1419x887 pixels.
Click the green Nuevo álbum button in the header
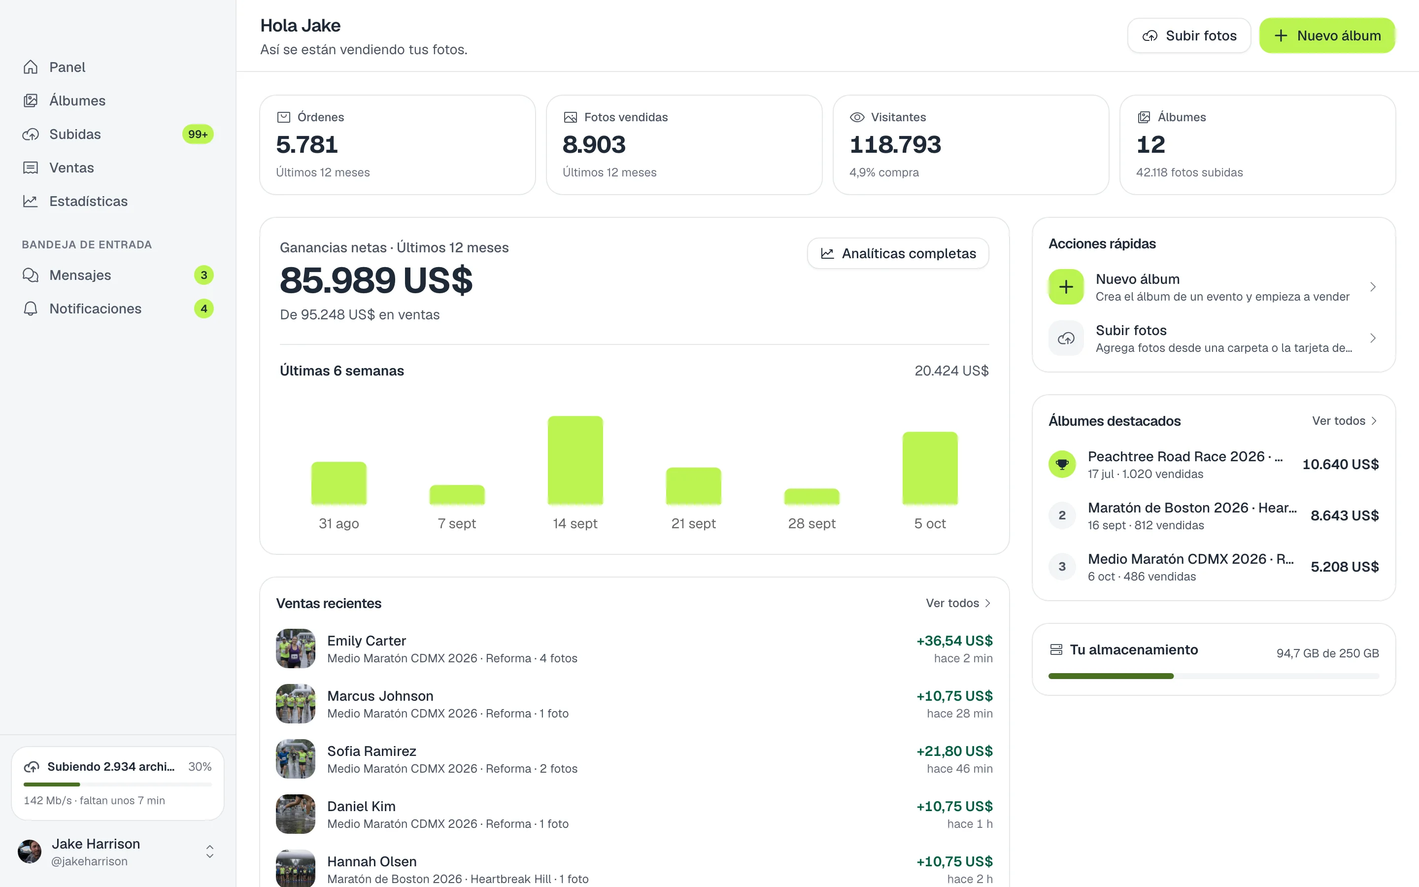click(1327, 36)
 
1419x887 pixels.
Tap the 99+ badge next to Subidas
click(198, 135)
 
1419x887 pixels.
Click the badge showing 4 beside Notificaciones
click(203, 308)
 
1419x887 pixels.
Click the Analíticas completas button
click(898, 253)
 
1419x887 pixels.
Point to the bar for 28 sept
click(811, 497)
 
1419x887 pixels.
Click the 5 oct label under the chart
click(930, 523)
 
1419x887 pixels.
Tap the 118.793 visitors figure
click(895, 144)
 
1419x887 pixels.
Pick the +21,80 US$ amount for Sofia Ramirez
click(954, 751)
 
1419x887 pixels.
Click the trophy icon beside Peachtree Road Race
click(1062, 464)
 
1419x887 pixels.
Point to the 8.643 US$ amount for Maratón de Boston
click(1345, 515)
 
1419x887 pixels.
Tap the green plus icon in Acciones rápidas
click(1066, 287)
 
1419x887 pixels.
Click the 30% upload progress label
click(200, 767)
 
